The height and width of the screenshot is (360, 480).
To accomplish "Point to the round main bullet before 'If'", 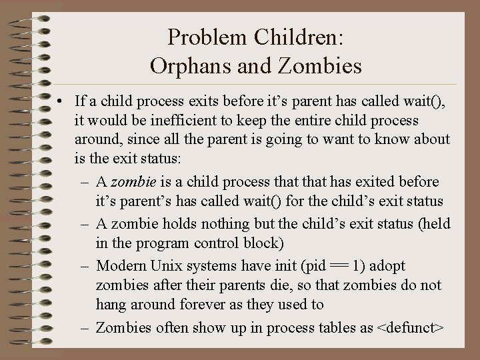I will coord(60,102).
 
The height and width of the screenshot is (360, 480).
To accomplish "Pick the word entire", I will coord(293,121).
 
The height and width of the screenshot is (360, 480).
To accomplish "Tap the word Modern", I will coord(122,266).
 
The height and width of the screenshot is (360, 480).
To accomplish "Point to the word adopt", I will coord(387,266).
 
